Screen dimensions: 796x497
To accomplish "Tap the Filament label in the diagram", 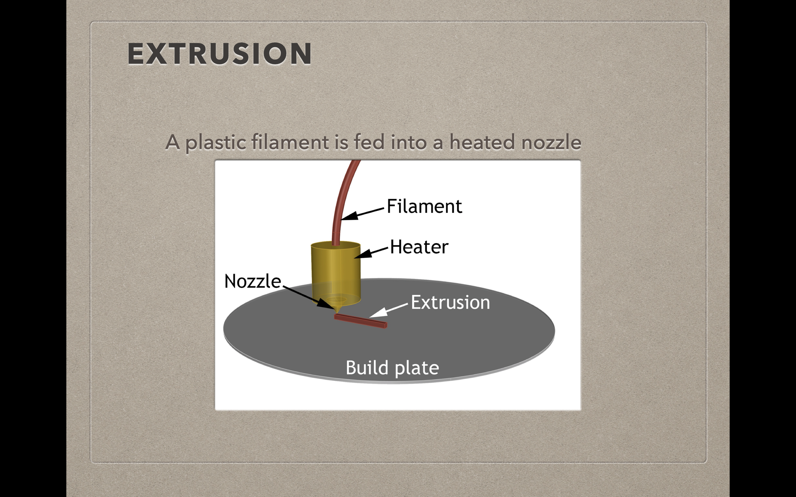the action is (424, 207).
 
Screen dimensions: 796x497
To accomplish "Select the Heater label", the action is (419, 247).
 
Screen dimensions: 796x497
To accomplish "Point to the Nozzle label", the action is (253, 281).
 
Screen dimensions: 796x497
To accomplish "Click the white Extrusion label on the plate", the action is (450, 302).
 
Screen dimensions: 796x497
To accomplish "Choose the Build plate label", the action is (392, 368).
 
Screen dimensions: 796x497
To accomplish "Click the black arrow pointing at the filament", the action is (362, 214).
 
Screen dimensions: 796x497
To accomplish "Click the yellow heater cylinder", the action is (336, 271).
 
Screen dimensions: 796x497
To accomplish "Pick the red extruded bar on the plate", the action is (360, 321).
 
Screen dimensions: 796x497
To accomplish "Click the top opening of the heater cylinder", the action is (336, 245).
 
